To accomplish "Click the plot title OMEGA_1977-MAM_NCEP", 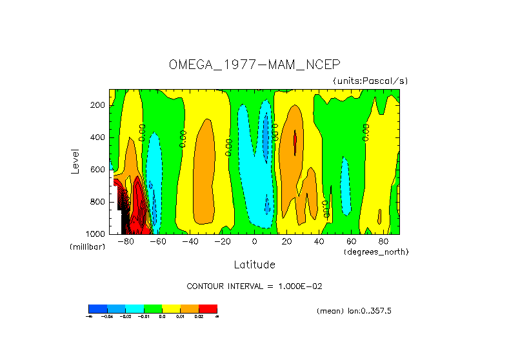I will (x=254, y=65).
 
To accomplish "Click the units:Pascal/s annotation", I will (x=370, y=81).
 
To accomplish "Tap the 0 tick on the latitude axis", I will (x=254, y=241).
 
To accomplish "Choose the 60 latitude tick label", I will (x=351, y=241).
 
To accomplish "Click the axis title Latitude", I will (x=254, y=265).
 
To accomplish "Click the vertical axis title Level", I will (x=75, y=161).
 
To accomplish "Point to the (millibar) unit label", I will (x=86, y=247).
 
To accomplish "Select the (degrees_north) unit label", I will (x=376, y=251).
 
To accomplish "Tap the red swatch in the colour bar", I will (x=208, y=308).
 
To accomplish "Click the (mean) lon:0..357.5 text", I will (x=354, y=311).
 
